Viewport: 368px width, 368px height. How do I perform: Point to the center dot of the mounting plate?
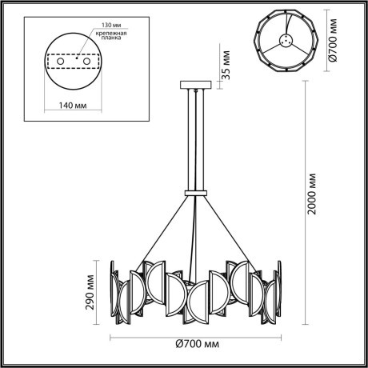pos(77,58)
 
